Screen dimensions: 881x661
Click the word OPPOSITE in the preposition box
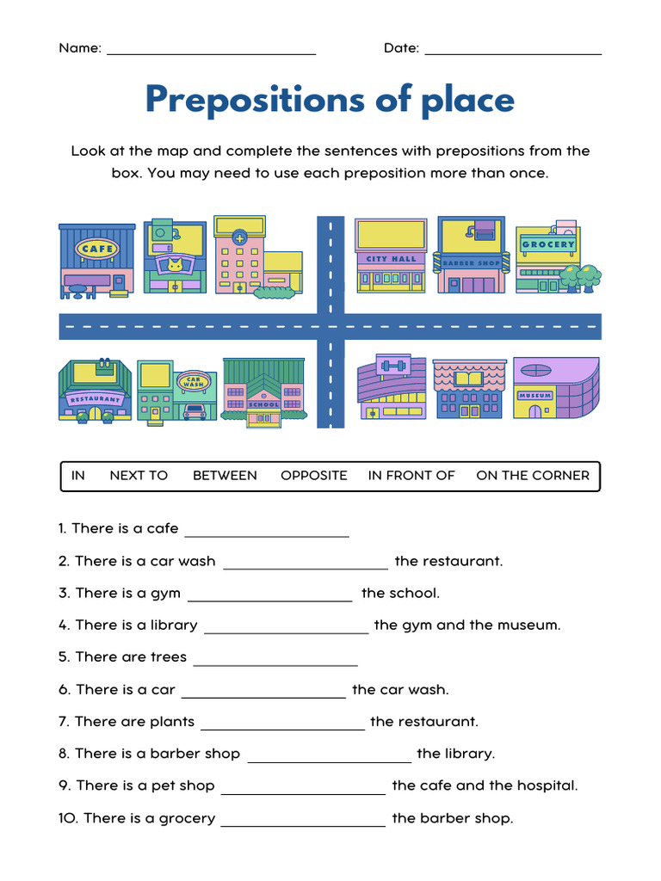point(314,475)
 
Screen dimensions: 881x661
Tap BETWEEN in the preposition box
point(225,475)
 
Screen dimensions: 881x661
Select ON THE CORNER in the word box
point(533,475)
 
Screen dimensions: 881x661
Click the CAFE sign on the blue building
point(96,250)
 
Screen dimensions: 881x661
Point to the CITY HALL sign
point(391,259)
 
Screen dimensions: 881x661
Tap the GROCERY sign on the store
point(548,244)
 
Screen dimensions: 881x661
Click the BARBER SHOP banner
point(472,262)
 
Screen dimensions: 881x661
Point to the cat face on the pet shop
point(176,264)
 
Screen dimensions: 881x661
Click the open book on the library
point(469,378)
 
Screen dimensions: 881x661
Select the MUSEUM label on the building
point(534,396)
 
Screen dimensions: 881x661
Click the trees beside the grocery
point(581,277)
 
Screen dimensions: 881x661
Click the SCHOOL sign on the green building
point(263,404)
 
